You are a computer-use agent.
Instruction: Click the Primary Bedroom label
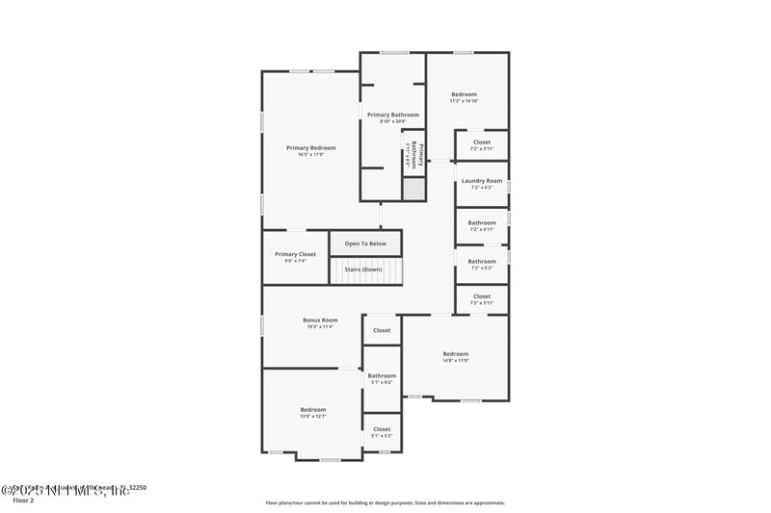point(310,147)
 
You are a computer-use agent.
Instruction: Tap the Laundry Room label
point(482,180)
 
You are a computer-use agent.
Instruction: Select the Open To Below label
point(365,244)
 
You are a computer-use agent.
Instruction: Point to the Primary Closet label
point(295,254)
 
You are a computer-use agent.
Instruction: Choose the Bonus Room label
point(320,320)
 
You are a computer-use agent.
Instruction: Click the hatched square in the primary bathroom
point(413,190)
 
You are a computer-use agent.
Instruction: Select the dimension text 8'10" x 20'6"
point(392,121)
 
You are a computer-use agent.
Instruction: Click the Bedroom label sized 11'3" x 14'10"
point(464,94)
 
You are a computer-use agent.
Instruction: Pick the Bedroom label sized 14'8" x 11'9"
point(455,353)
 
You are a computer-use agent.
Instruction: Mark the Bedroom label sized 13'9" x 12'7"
point(312,409)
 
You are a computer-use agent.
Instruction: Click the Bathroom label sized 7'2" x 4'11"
point(482,222)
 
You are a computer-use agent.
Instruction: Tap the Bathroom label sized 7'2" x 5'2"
point(482,261)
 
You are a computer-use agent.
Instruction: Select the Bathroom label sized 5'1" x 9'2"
point(382,375)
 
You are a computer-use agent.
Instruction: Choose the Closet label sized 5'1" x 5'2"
point(382,429)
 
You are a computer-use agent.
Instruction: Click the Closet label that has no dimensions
point(382,330)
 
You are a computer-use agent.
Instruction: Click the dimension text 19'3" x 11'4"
point(320,327)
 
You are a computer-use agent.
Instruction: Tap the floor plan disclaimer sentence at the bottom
point(385,502)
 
